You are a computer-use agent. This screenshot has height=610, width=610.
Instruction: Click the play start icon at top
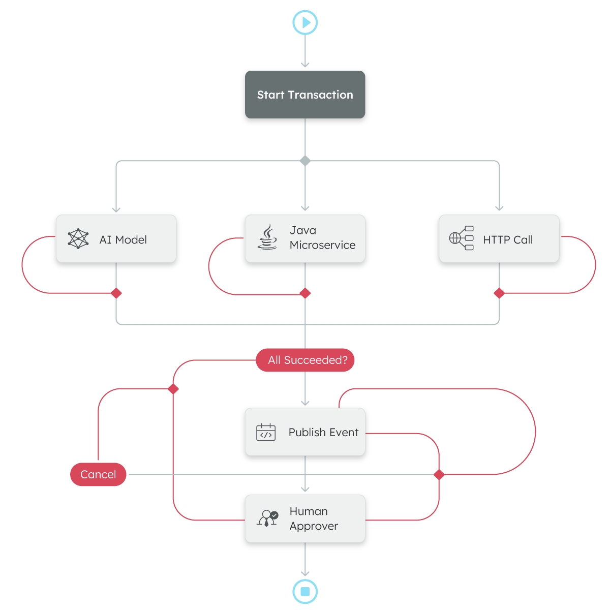tap(305, 23)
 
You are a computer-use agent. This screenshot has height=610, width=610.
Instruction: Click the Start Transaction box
tap(305, 95)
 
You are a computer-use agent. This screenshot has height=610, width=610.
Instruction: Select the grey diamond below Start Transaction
tap(305, 161)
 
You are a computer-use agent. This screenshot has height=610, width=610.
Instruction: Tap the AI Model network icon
tap(78, 239)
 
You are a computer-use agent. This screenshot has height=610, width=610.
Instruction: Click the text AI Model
tap(123, 240)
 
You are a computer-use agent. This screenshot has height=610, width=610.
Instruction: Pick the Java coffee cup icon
tap(267, 237)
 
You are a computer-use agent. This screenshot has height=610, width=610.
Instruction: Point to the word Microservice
tap(322, 246)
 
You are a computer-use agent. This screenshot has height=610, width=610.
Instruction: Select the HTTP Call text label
tap(508, 240)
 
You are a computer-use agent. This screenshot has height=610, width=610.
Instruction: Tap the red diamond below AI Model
tap(116, 293)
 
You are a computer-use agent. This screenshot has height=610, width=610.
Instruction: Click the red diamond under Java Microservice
tap(305, 293)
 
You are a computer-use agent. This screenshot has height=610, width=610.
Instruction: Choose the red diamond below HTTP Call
tap(499, 293)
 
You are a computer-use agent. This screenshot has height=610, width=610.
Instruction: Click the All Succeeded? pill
tap(305, 360)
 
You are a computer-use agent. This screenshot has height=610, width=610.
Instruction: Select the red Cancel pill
tap(98, 474)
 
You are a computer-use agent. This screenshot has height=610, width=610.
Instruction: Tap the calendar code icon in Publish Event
tap(266, 432)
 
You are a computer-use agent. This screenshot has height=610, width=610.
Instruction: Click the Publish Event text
tap(323, 433)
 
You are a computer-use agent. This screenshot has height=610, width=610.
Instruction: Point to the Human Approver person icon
tap(267, 518)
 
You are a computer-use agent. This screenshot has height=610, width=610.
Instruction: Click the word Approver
tap(314, 527)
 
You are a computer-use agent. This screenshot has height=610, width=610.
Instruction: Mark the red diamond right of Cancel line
tap(439, 475)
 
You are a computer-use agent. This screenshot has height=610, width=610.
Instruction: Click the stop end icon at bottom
tap(305, 592)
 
